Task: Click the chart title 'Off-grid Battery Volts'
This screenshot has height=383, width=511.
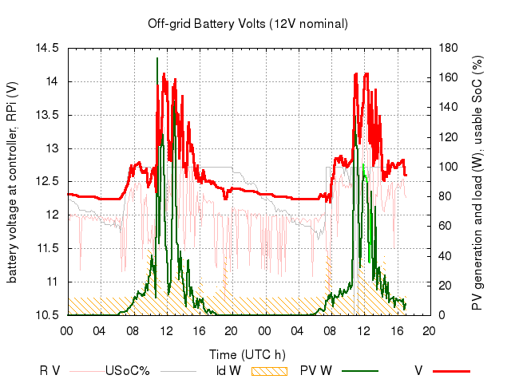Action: pos(206,24)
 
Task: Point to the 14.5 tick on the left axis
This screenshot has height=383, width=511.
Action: pos(48,48)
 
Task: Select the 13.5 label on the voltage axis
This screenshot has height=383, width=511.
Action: pos(48,115)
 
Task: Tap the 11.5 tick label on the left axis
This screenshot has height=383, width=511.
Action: pos(48,248)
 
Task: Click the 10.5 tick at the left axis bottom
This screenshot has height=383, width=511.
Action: pos(48,315)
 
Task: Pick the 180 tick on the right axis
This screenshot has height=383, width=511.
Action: pos(449,48)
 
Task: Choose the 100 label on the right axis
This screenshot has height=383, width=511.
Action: pos(449,167)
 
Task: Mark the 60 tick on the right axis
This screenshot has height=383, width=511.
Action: pos(446,226)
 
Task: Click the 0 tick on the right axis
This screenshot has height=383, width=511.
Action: pos(442,315)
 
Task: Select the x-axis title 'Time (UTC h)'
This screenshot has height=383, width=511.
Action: pos(248,354)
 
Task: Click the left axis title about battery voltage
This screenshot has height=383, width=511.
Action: pos(12,182)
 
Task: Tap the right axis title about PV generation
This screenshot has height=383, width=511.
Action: pos(477,183)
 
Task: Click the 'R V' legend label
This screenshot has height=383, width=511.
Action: pos(50,370)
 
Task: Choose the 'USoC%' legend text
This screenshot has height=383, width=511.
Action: pos(128,370)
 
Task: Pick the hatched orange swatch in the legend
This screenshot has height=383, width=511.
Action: pos(270,371)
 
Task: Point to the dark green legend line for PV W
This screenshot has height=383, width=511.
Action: pos(360,371)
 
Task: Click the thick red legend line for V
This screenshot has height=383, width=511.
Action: pos(452,371)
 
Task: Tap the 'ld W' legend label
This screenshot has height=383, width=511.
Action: pos(229,370)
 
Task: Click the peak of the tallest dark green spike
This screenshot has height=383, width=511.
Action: pos(157,58)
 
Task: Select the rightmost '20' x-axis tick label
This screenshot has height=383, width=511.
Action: pos(429,331)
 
